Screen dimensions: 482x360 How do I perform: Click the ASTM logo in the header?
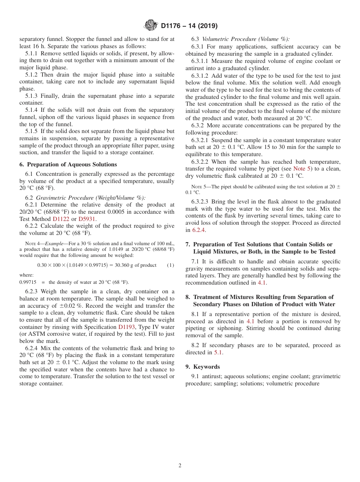[150, 26]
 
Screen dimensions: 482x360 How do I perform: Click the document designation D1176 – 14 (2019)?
[189, 26]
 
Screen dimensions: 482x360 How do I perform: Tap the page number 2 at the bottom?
[180, 466]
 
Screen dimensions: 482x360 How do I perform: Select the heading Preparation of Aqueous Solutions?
[68, 164]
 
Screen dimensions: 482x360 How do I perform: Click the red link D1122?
[61, 219]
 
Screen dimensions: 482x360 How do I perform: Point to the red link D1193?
[127, 327]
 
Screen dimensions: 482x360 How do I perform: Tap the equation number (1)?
[171, 265]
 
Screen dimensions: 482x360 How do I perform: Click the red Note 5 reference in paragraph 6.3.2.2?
[302, 169]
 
